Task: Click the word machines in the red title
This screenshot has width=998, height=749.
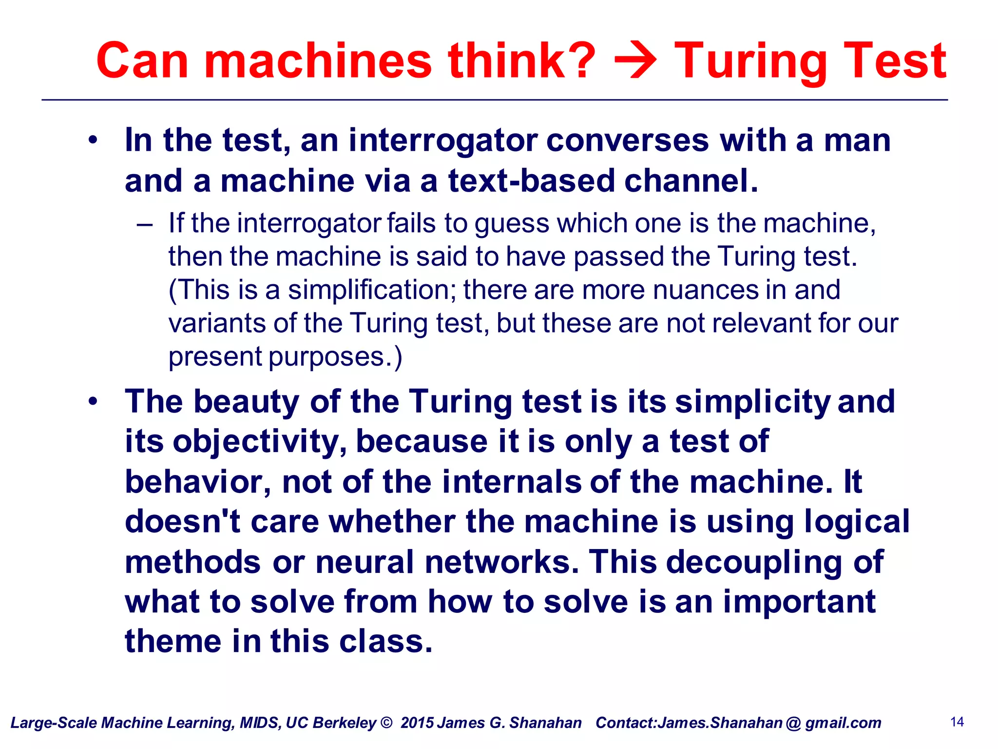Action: coord(318,60)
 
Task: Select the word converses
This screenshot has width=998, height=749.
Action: coord(628,140)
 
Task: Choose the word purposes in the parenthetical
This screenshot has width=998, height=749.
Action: coord(326,357)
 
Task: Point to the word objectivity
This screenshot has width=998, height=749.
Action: coord(259,442)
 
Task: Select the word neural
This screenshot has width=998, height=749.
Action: coord(365,562)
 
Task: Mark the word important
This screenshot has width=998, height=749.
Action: coord(799,602)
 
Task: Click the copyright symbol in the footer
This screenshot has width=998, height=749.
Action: coord(386,723)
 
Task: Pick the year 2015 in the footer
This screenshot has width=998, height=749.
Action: coord(417,723)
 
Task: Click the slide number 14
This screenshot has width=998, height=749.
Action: coord(957,722)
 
